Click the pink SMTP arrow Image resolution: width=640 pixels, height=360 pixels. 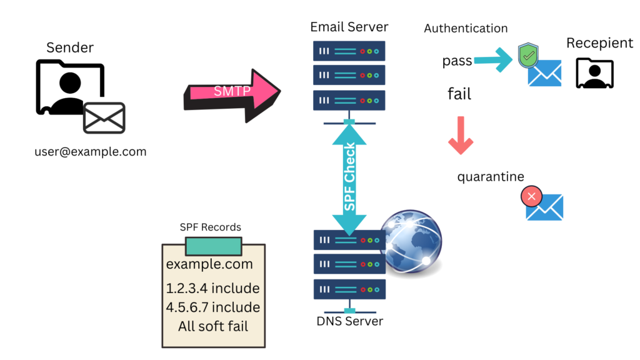[231, 92]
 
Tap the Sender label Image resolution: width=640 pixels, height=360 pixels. [70, 47]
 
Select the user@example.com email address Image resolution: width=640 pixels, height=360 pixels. [91, 151]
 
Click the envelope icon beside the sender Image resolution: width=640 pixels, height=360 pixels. [104, 118]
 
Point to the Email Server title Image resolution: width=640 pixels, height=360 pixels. [349, 27]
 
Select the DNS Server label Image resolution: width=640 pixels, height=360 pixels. [349, 321]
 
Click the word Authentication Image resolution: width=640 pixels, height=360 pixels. [466, 28]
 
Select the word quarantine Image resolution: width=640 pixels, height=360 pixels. [491, 177]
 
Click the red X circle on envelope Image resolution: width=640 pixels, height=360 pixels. [531, 198]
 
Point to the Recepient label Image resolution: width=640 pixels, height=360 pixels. [599, 43]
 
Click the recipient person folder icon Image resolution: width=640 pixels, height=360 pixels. [594, 73]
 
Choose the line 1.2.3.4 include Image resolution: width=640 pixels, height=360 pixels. [212, 288]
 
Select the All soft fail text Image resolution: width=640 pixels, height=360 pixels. [212, 326]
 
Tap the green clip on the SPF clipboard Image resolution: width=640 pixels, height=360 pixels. [213, 246]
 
